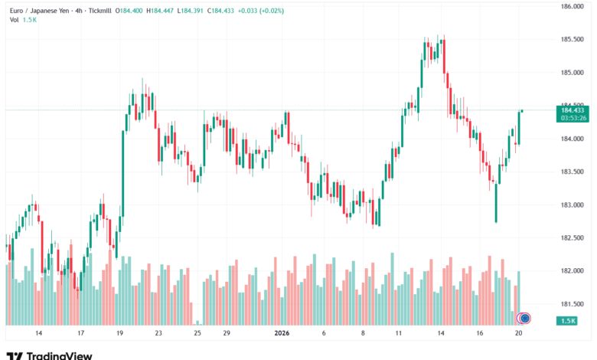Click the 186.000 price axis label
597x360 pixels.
[574, 7]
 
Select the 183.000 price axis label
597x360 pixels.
[574, 205]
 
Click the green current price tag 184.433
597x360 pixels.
[574, 110]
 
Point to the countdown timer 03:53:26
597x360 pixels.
[574, 118]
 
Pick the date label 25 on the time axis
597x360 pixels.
[197, 335]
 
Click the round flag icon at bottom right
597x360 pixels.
[524, 317]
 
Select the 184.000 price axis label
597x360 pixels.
[574, 139]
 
